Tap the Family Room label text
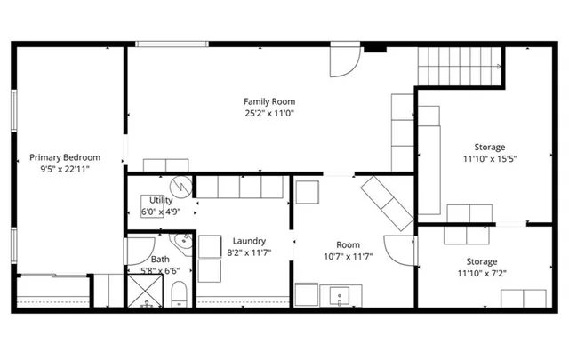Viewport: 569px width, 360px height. pos(269,101)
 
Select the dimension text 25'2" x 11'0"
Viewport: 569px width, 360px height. pos(269,113)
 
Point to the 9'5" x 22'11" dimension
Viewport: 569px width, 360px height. pos(65,168)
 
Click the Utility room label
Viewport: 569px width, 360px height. pos(161,200)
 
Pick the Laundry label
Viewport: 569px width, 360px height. pos(249,241)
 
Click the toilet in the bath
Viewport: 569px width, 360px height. pos(177,292)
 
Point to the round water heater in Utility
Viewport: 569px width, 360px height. pos(182,187)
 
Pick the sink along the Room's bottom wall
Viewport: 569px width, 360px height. pos(339,295)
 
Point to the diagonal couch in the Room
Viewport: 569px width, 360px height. pos(385,203)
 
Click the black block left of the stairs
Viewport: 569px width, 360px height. pos(376,48)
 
